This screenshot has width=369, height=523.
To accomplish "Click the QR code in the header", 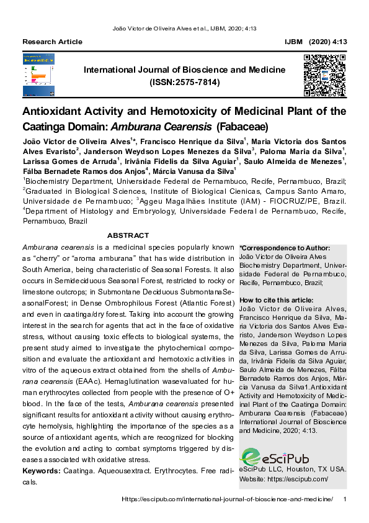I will pos(324,75).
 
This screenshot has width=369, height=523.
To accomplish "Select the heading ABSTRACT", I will pos(128,235).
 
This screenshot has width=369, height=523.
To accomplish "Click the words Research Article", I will pos(52,42).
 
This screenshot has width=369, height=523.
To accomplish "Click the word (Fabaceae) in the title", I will pos(241,127).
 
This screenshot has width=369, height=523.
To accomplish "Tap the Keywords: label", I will pos(42,471).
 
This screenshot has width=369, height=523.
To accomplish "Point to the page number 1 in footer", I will pos(344,500).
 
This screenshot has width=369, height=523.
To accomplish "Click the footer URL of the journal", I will pos(227,500).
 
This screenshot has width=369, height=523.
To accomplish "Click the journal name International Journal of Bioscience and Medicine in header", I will pos(185,70).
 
